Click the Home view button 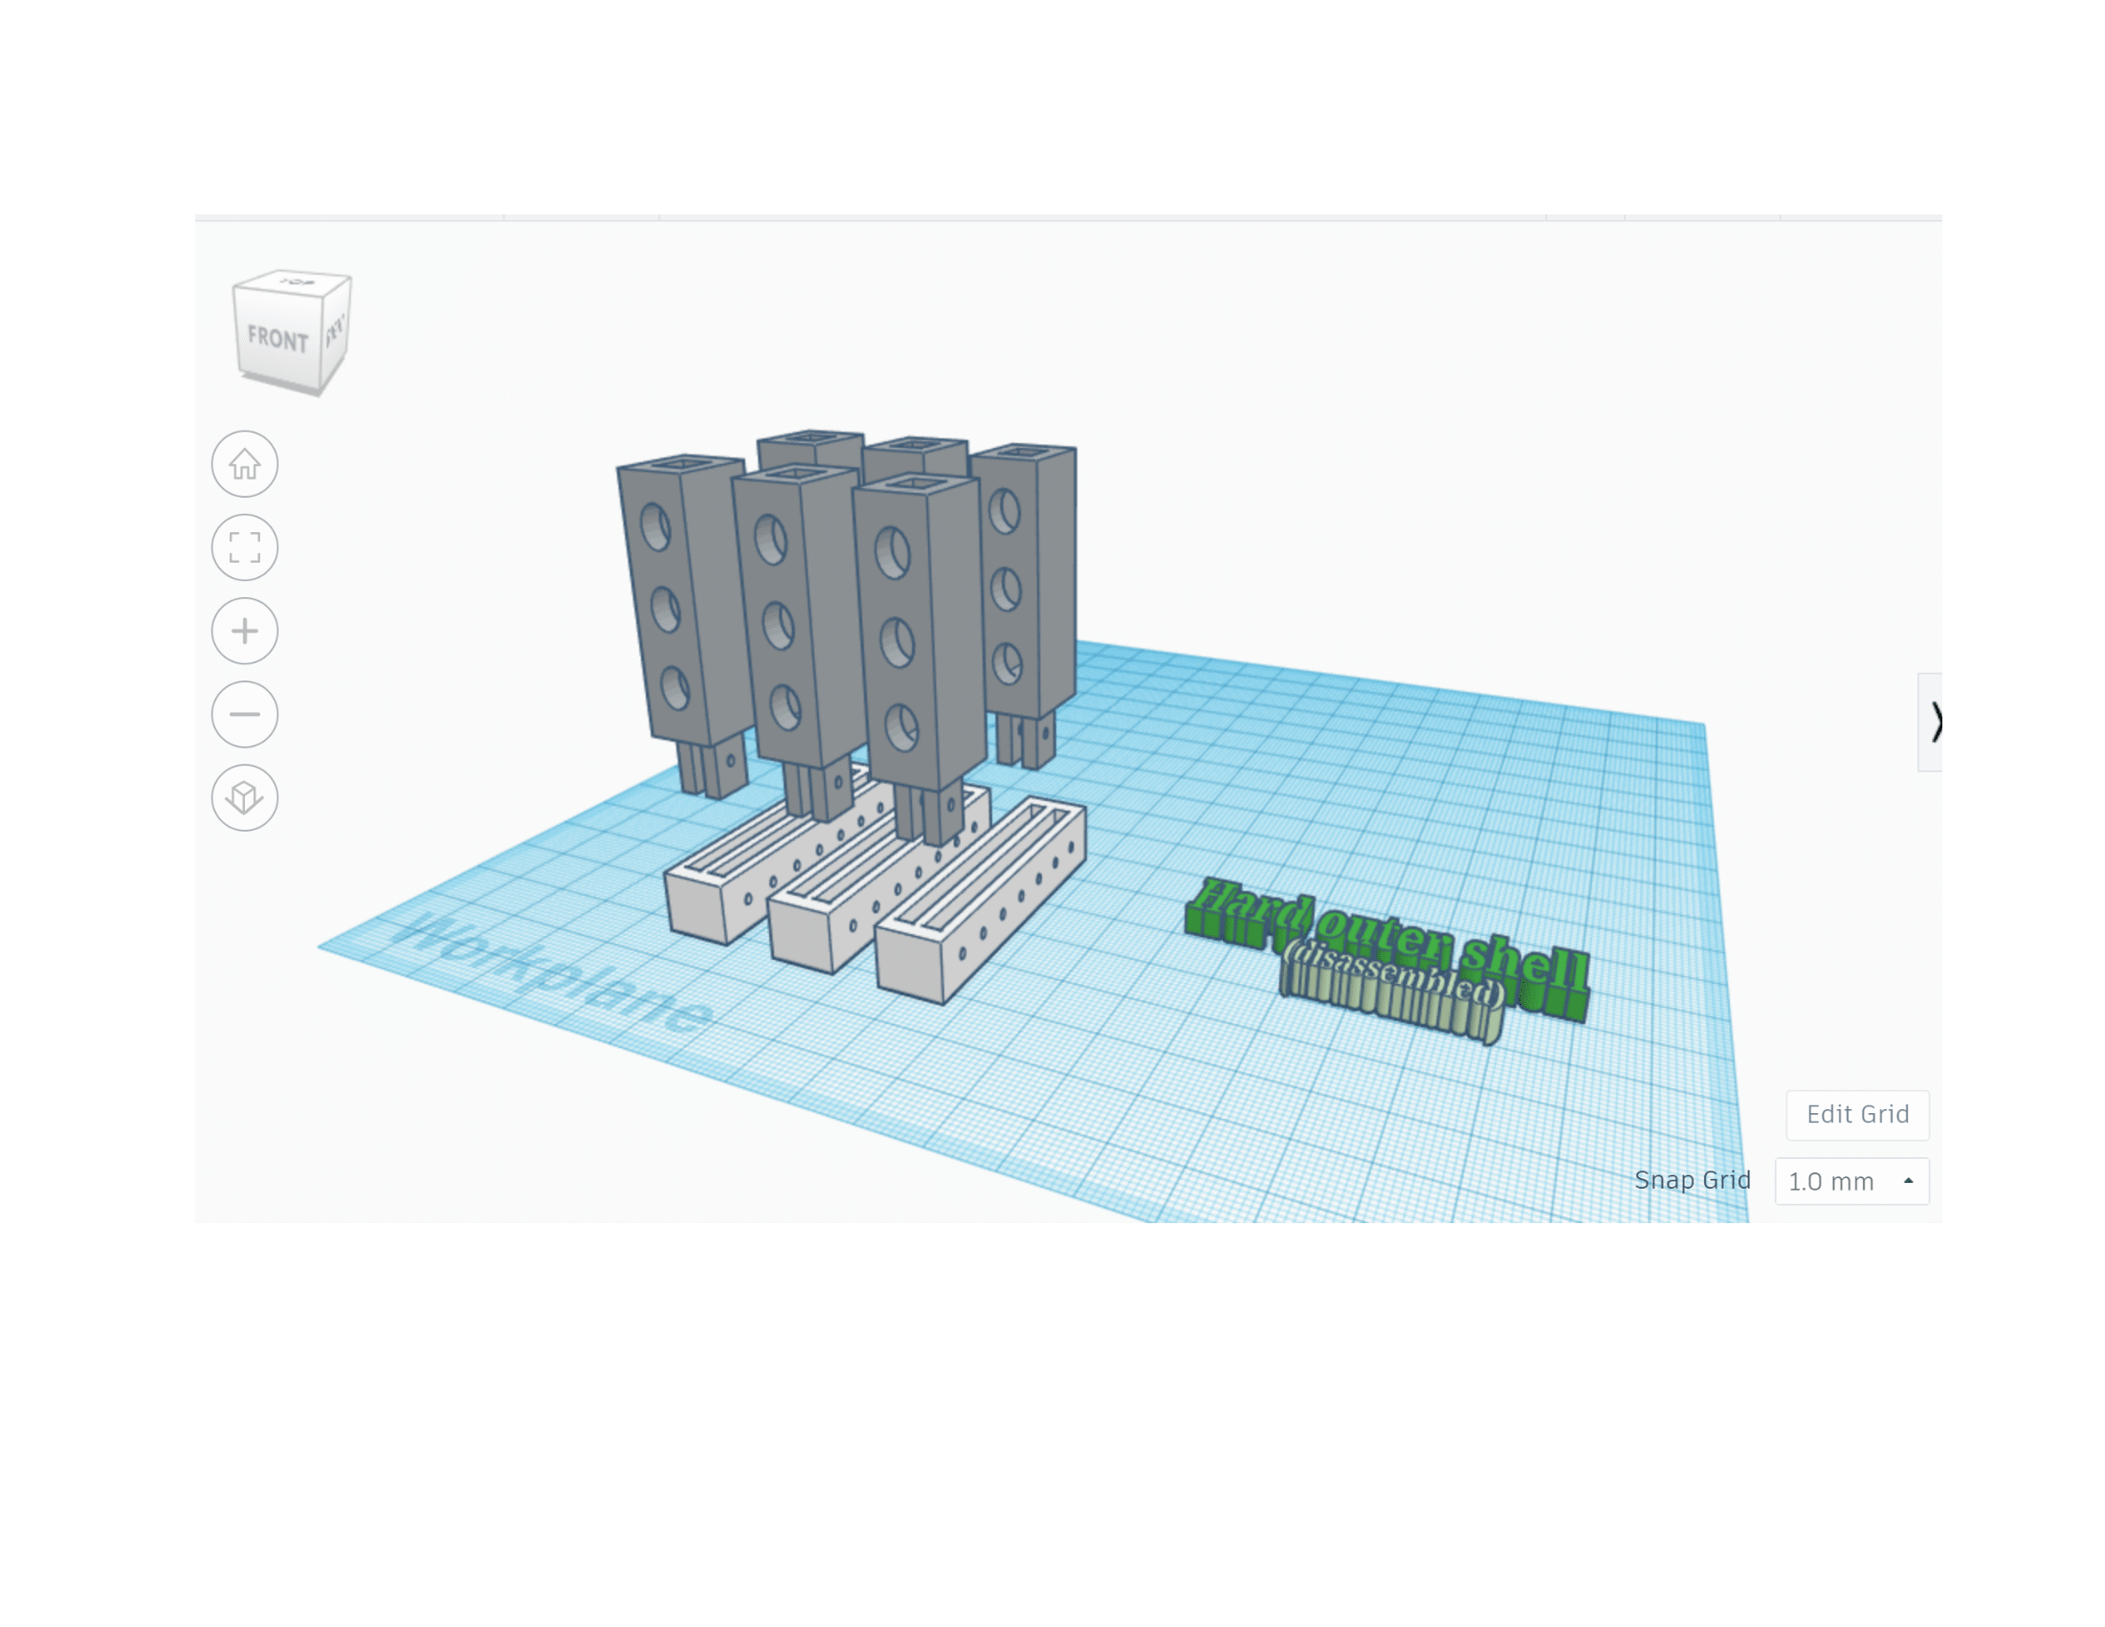245,464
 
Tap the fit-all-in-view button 245,547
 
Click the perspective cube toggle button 245,798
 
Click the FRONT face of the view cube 277,337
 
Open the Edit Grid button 1856,1114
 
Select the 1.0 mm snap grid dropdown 1850,1182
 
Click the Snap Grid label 1692,1180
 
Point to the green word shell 1523,966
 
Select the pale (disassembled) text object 1394,992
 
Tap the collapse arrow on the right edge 1931,722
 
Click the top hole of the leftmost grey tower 655,528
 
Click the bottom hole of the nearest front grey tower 902,727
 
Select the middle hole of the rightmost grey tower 1006,588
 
